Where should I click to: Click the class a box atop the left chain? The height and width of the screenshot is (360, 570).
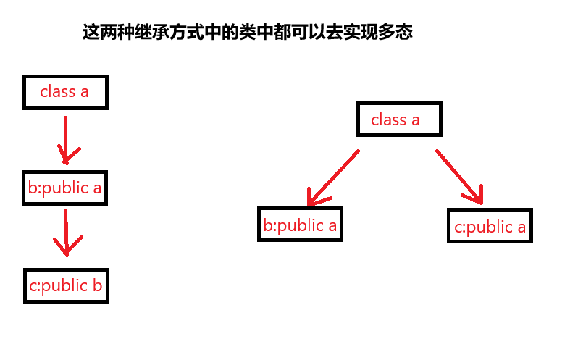(65, 92)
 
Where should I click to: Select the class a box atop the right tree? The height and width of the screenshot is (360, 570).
(398, 120)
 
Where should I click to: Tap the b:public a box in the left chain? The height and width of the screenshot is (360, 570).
(65, 189)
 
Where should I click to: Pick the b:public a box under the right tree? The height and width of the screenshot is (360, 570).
(300, 225)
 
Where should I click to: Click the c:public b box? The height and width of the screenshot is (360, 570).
(66, 286)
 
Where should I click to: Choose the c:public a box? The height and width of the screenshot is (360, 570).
(490, 227)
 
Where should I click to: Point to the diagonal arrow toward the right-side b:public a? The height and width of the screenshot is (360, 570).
(332, 178)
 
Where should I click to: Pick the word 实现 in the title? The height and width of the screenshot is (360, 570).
(361, 33)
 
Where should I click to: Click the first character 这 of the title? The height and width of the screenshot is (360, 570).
(91, 33)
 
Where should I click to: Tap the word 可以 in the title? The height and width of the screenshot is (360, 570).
(308, 33)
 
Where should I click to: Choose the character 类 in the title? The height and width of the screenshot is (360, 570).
(247, 33)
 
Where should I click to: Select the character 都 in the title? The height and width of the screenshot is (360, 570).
(282, 33)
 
